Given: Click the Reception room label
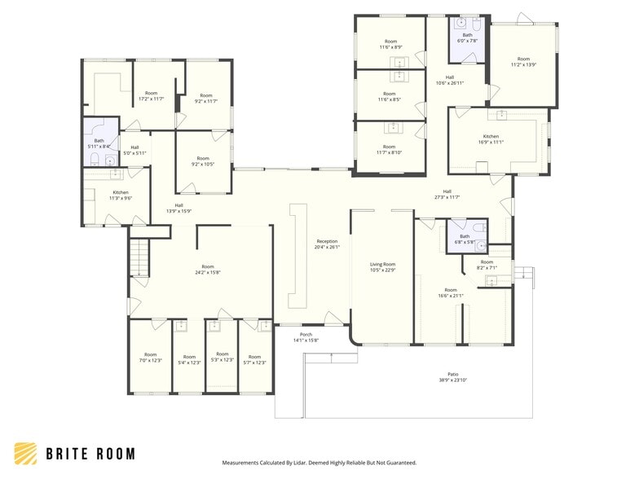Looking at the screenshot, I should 327,244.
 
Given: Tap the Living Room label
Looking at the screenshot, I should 382,267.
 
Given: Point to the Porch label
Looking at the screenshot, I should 306,337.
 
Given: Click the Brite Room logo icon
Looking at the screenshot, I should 25,454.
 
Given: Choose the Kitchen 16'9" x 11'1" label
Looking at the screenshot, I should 491,139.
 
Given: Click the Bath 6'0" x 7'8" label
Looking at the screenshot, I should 467,37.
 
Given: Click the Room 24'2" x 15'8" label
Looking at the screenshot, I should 208,270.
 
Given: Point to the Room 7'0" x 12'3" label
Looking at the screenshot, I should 150,358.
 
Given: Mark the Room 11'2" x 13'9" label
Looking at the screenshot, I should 523,62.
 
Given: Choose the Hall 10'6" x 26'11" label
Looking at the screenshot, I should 449,80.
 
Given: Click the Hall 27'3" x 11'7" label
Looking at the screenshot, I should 447,194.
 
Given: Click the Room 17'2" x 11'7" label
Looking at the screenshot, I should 151,96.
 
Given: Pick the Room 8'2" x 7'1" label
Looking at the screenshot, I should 486,264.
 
